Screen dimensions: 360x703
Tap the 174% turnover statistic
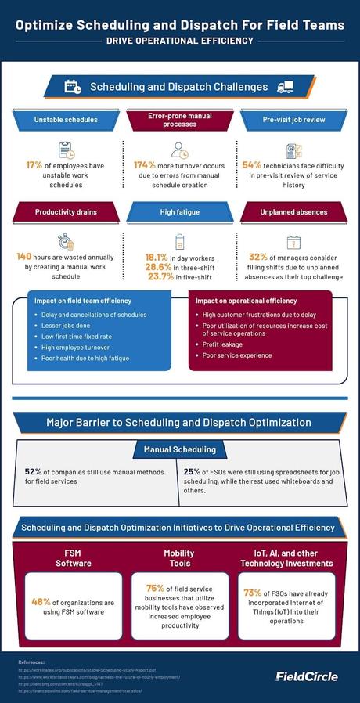point(145,165)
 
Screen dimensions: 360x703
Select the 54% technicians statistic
point(252,165)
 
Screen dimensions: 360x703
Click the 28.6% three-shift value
point(158,266)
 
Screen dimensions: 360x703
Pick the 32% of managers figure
point(257,256)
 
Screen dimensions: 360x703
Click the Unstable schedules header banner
point(66,120)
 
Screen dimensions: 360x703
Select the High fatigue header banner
point(180,212)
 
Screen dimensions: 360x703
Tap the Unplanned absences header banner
point(293,212)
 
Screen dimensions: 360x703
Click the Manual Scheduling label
point(179,449)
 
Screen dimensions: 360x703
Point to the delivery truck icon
point(285,87)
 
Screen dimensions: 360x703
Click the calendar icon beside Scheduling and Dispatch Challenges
point(73,87)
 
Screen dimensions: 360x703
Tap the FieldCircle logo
point(306,676)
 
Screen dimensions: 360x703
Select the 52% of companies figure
point(33,471)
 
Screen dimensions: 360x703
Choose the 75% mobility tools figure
point(155,588)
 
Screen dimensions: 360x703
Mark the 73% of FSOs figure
point(252,593)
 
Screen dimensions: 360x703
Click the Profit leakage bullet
point(222,344)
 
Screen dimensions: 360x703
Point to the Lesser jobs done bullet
point(63,326)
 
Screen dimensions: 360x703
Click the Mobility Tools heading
point(179,557)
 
